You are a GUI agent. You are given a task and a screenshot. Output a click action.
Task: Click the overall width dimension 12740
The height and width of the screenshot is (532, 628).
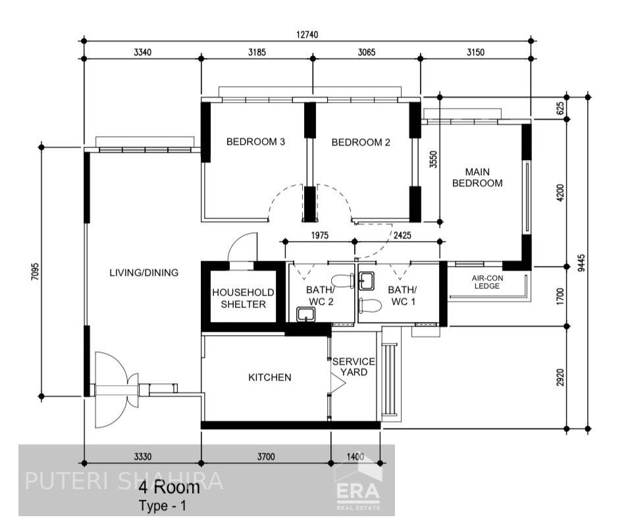307,35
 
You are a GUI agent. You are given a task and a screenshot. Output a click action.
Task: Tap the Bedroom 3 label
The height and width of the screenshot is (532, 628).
255,142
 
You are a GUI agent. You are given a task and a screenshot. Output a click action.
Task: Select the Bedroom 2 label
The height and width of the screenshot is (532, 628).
361,142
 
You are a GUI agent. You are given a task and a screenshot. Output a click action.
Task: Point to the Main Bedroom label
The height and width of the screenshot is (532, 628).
477,177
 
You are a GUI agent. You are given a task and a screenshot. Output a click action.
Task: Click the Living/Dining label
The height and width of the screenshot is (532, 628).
144,272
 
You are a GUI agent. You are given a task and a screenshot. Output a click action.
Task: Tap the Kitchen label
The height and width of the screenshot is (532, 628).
269,377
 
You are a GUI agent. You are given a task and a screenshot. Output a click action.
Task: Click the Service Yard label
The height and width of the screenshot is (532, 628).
353,367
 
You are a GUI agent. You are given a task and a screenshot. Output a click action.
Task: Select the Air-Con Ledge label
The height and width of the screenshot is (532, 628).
487,282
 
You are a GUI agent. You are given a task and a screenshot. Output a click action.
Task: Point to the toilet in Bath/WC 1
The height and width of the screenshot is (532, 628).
371,305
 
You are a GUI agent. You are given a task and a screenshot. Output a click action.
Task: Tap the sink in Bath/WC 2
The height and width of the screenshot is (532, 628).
305,314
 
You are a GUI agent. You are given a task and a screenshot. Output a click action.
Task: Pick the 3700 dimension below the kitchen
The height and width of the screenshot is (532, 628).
266,456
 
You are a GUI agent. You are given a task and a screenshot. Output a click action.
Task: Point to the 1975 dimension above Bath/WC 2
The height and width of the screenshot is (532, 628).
319,234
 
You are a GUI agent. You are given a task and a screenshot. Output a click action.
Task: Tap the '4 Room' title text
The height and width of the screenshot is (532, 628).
169,487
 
